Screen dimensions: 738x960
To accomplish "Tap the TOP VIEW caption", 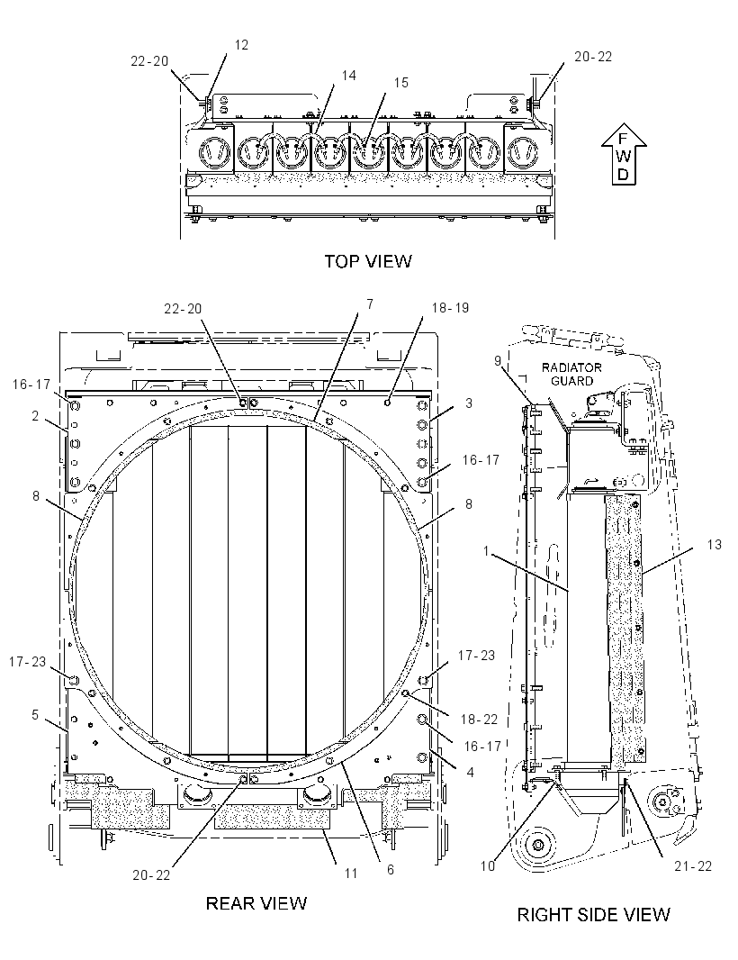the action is click(368, 261).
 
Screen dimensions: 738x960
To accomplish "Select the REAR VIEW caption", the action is click(256, 903).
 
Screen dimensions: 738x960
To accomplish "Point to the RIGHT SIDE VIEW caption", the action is click(594, 915).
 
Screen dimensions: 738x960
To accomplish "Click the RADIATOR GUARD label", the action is click(571, 374).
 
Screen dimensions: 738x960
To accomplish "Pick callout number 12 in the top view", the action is click(242, 45).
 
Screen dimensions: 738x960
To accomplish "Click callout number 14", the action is click(349, 76).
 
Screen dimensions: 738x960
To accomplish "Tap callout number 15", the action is click(400, 83).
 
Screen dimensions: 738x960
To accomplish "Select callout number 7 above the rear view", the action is click(370, 304).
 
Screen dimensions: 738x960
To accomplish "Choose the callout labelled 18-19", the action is click(450, 307).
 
